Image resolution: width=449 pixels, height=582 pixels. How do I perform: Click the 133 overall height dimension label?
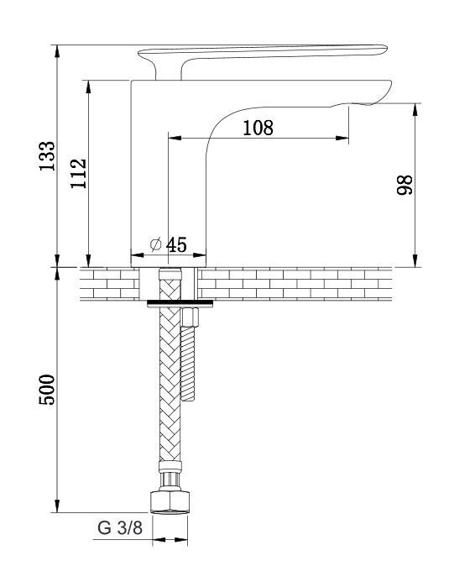[48, 156]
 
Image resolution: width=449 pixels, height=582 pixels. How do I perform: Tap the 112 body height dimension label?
[79, 173]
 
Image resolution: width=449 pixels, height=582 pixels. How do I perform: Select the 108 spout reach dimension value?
[258, 128]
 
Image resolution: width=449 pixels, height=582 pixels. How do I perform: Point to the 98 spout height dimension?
[405, 185]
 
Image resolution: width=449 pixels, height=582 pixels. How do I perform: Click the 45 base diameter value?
[176, 244]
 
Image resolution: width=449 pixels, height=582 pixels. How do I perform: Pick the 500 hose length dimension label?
[48, 390]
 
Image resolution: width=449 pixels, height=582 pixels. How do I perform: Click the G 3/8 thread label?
[120, 527]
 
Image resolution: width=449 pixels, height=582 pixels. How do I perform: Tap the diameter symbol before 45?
[156, 244]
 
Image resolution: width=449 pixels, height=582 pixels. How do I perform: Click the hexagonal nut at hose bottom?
[170, 502]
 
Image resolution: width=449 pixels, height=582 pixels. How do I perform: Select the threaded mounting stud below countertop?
[188, 364]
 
